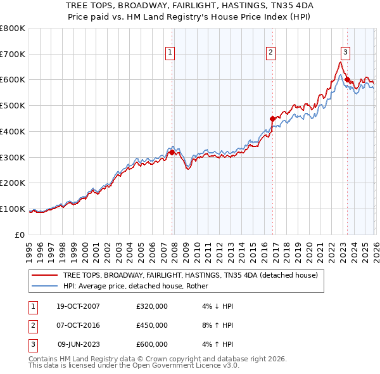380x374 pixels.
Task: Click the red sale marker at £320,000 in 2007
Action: coord(172,152)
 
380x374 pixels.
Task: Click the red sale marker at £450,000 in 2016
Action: coord(272,119)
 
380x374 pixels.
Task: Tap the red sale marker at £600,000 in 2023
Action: coord(347,80)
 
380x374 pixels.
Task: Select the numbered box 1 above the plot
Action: coord(171,53)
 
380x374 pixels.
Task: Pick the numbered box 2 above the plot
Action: coord(270,53)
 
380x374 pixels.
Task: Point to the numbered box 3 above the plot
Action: coord(345,53)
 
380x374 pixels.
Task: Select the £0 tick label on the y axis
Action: coord(20,235)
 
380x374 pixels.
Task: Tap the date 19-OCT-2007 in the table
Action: coord(77,306)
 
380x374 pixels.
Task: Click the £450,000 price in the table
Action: coord(152,325)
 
